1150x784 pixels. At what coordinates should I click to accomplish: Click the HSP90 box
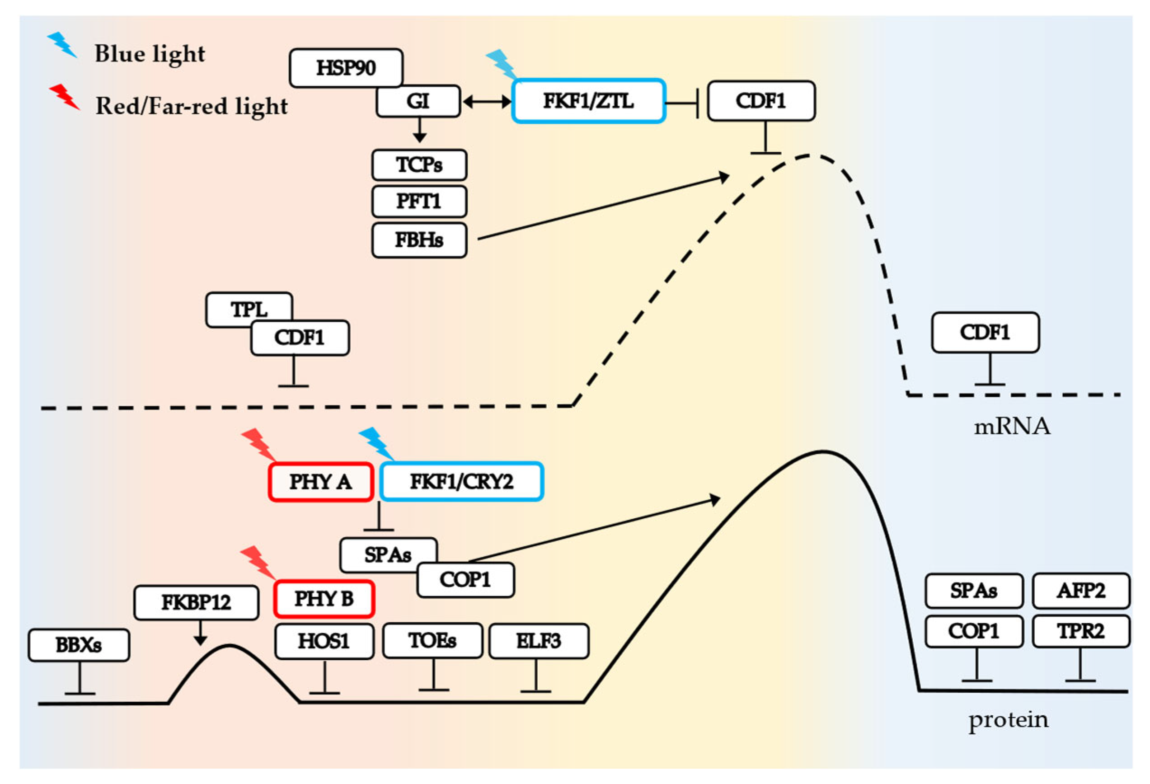(x=346, y=68)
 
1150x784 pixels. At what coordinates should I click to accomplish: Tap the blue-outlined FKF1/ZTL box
(x=588, y=101)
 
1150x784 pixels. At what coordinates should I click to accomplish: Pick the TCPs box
(x=419, y=165)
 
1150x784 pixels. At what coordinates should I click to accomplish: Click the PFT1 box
(x=419, y=202)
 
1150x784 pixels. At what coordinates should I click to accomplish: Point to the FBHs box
(x=419, y=240)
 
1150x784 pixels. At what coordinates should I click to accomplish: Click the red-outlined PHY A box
(x=321, y=482)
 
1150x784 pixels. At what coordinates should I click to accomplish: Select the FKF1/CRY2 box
(x=462, y=482)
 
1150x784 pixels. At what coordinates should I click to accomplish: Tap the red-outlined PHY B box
(x=324, y=599)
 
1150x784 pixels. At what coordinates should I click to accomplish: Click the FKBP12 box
(x=197, y=602)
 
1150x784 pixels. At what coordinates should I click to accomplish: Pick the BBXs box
(x=79, y=645)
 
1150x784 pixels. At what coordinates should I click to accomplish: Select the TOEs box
(x=432, y=641)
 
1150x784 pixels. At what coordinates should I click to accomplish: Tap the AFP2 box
(x=1081, y=591)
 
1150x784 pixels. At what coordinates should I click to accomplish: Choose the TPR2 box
(x=1081, y=631)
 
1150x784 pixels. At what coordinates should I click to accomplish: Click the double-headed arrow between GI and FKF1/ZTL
(x=488, y=102)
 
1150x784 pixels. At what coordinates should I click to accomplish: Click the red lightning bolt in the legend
(x=64, y=97)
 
